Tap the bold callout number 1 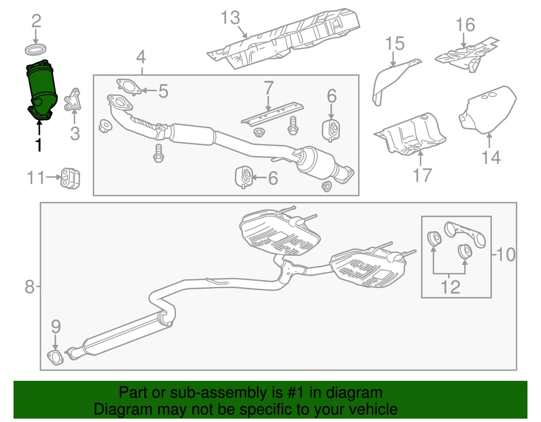[x=38, y=145]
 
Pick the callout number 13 [x=230, y=18]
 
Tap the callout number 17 [x=422, y=175]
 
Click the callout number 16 [x=465, y=25]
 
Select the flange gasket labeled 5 [x=128, y=87]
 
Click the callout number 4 [x=141, y=56]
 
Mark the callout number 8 [x=29, y=287]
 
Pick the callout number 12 [x=450, y=287]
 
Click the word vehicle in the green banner [x=370, y=409]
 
